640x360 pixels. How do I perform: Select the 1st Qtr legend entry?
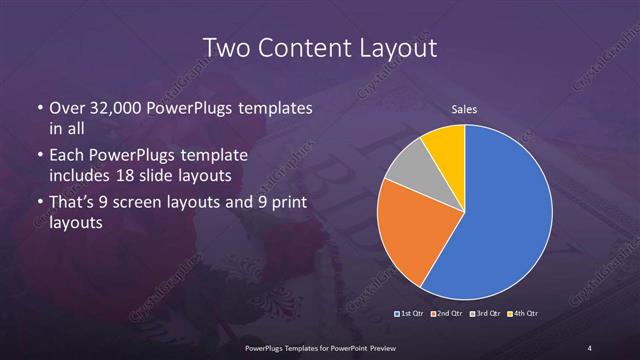click(x=412, y=314)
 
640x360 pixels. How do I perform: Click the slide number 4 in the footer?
click(x=590, y=347)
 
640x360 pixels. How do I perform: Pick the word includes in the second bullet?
click(x=81, y=176)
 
